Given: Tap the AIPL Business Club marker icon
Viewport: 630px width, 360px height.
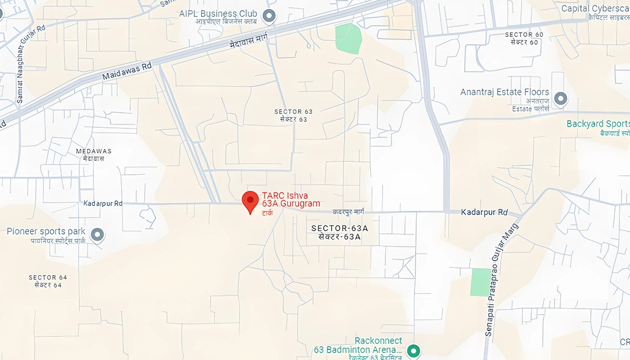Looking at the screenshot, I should coord(269,15).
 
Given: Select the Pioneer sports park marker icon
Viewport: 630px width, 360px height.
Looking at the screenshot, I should coord(97,234).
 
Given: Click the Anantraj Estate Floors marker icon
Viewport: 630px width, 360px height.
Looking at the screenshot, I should coord(560,99).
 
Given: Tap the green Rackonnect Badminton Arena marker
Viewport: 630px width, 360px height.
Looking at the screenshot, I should coord(413,351).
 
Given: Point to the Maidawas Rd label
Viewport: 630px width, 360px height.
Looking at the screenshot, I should coord(127,70).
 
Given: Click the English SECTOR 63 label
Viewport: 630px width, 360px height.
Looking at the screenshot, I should coord(293,112).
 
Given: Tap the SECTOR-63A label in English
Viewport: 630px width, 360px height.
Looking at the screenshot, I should coord(340,228).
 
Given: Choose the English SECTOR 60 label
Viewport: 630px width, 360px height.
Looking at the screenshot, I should coord(524,35).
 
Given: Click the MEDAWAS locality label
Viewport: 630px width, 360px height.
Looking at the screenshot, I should coord(94,151).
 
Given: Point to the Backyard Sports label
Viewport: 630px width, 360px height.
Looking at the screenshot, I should coord(598,124).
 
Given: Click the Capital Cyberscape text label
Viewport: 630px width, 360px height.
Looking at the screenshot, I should coord(595,8).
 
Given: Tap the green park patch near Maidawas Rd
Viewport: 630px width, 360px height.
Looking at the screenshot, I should coord(348,39).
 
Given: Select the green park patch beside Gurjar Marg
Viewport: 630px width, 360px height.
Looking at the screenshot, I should coord(480,282).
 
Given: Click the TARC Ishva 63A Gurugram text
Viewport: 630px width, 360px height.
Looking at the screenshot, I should coord(291,200).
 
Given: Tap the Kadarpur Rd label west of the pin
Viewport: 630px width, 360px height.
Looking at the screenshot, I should coord(103,204).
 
